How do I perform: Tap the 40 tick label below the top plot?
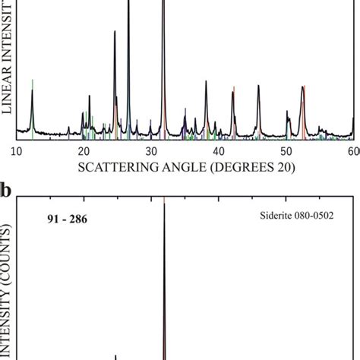(219, 152)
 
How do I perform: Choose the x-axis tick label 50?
(286, 152)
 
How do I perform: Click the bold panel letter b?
(6, 190)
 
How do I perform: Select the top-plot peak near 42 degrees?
(233, 91)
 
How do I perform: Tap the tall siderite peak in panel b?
(164, 209)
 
